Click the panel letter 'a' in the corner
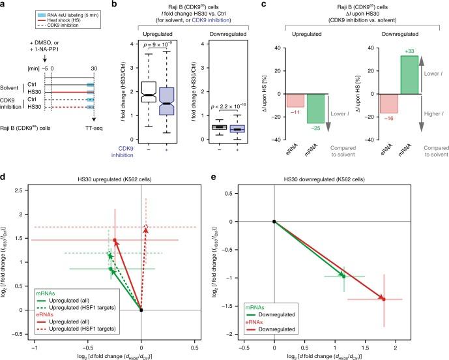pyautogui.click(x=4, y=5)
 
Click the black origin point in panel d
pyautogui.click(x=141, y=310)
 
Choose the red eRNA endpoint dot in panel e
pyautogui.click(x=383, y=299)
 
